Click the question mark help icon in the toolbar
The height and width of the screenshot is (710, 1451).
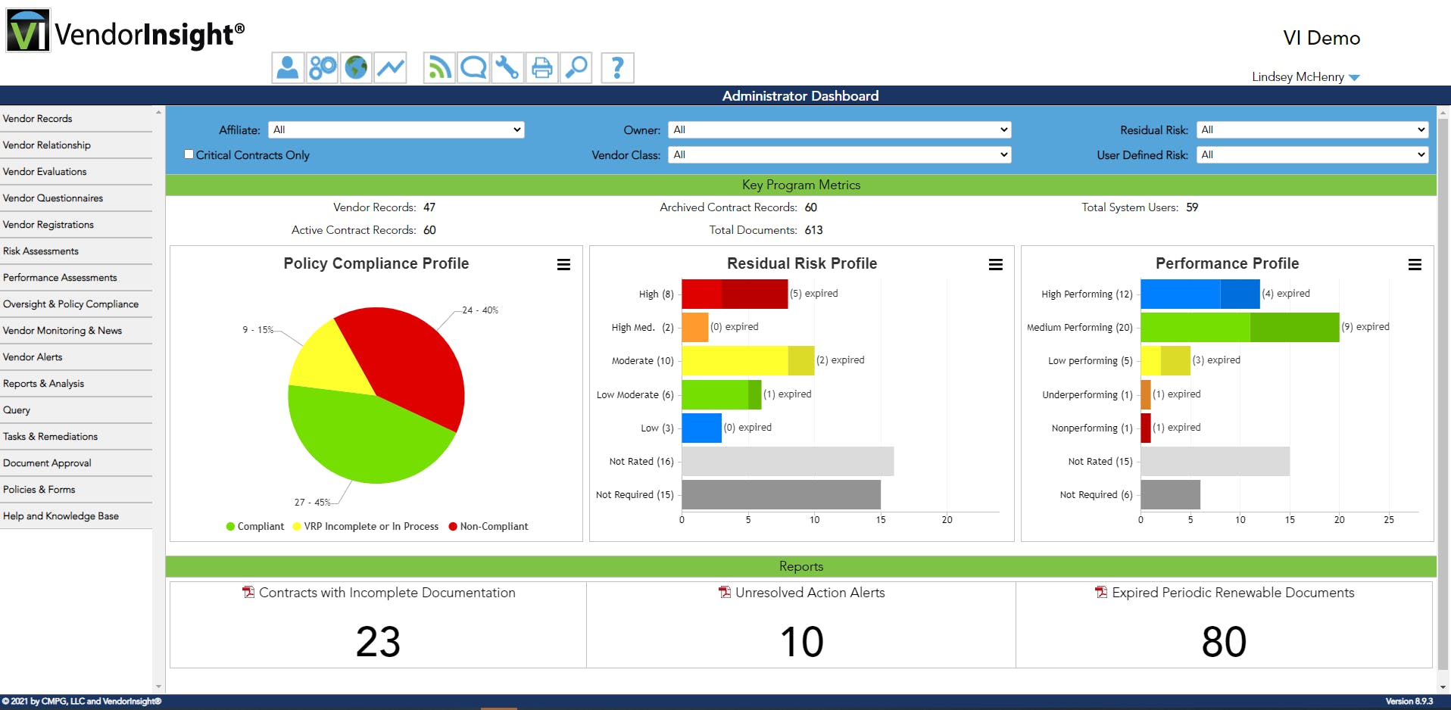(617, 68)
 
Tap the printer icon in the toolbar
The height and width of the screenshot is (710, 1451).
(542, 68)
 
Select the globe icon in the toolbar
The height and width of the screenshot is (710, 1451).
(356, 68)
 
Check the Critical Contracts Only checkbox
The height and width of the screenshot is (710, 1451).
(189, 154)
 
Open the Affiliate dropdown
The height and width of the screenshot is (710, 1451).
(396, 130)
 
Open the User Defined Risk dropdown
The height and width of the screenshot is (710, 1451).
(1312, 155)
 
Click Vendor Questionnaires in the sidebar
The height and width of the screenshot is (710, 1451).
(53, 198)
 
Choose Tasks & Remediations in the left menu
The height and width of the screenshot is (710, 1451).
(51, 437)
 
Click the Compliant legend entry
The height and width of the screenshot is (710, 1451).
(255, 527)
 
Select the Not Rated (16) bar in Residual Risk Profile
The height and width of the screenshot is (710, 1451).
(788, 461)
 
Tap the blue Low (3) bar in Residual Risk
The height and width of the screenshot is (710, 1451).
(701, 428)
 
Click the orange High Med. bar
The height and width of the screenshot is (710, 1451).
(694, 327)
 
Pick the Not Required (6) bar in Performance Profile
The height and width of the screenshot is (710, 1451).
(1170, 494)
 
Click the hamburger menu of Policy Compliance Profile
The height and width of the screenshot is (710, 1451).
(563, 264)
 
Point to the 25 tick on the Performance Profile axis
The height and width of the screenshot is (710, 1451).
(1388, 520)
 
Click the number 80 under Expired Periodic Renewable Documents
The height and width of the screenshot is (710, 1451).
(1224, 642)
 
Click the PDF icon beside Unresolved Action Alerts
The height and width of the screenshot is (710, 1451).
(725, 593)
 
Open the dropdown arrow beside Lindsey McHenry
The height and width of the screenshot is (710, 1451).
(1355, 78)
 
